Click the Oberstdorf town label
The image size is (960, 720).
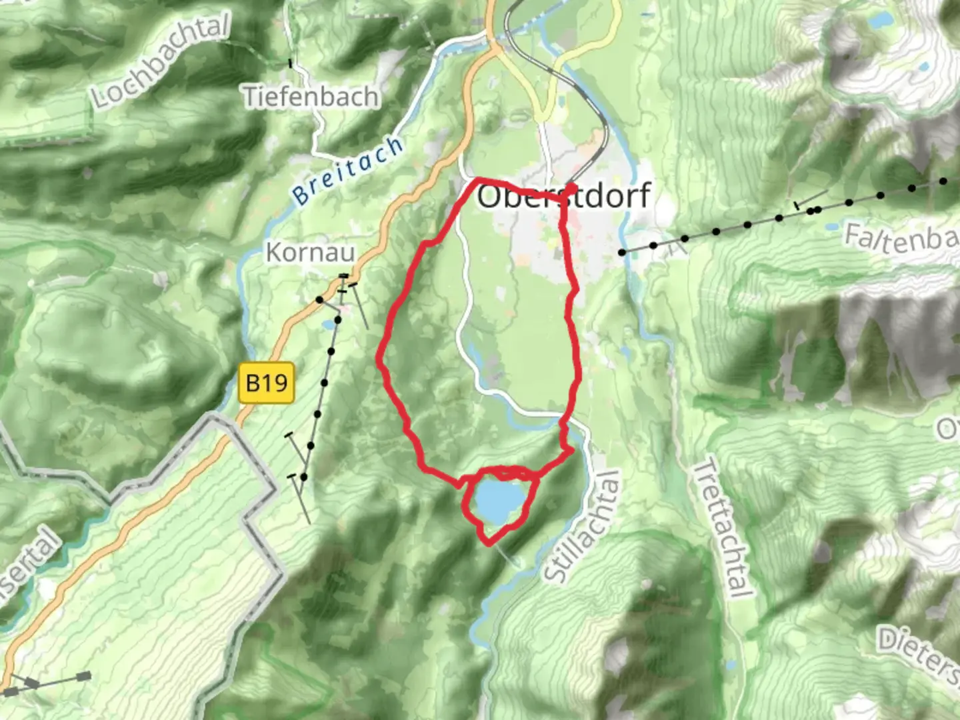[x=563, y=196]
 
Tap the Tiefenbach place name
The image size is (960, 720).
[x=311, y=97]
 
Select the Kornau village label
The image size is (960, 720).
[x=310, y=253]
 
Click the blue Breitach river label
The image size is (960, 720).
[x=349, y=171]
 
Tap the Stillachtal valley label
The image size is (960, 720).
[x=582, y=527]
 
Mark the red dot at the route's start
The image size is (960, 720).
[x=572, y=188]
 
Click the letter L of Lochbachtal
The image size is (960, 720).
[x=101, y=99]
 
